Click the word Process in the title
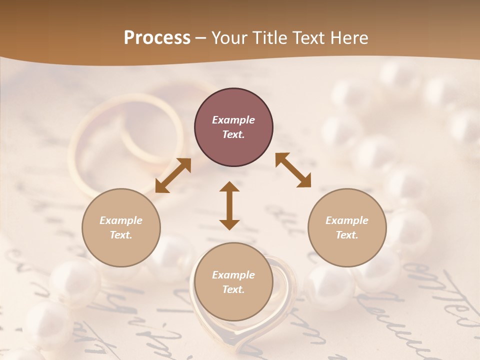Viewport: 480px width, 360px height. (x=157, y=38)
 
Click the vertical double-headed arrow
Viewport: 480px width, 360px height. (x=229, y=205)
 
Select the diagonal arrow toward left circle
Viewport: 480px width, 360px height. (x=173, y=175)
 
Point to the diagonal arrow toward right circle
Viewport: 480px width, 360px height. (x=293, y=170)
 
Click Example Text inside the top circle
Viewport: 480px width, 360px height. (x=233, y=127)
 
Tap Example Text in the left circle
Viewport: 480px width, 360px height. (x=121, y=227)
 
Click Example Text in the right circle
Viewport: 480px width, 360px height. (x=347, y=227)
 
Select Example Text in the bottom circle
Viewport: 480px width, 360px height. (x=233, y=282)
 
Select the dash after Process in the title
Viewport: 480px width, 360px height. (x=200, y=38)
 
